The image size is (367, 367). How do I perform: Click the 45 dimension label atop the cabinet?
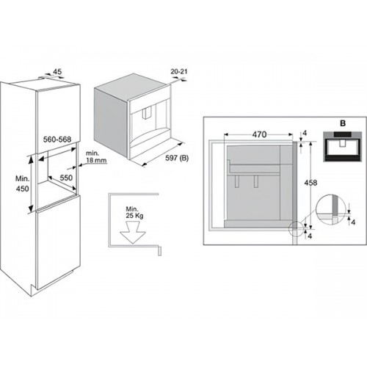[x=57, y=72]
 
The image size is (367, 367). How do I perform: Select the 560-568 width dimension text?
[x=57, y=139]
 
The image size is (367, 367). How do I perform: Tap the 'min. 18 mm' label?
[x=96, y=157]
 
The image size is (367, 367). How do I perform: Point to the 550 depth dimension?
[x=66, y=178]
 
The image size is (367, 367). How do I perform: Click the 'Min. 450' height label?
[x=22, y=183]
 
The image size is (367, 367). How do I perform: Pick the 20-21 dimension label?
[x=179, y=72]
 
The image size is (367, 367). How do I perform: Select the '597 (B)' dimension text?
[x=177, y=158]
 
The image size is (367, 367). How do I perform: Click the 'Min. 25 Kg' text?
[x=134, y=212]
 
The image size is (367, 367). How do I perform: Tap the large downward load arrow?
[x=133, y=233]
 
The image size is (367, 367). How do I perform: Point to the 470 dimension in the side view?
[x=259, y=134]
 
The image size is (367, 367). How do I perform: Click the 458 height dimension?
[x=310, y=183]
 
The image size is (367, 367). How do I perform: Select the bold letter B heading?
[x=343, y=123]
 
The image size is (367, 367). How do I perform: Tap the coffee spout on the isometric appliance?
[x=148, y=114]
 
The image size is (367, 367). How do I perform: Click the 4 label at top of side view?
[x=305, y=133]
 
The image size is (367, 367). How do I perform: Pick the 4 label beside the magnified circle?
[x=353, y=222]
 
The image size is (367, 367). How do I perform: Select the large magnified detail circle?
[x=332, y=210]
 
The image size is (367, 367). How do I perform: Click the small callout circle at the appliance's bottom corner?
[x=296, y=229]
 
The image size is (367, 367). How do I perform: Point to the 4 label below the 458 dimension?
[x=310, y=236]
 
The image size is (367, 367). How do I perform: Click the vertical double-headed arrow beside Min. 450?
[x=31, y=183]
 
